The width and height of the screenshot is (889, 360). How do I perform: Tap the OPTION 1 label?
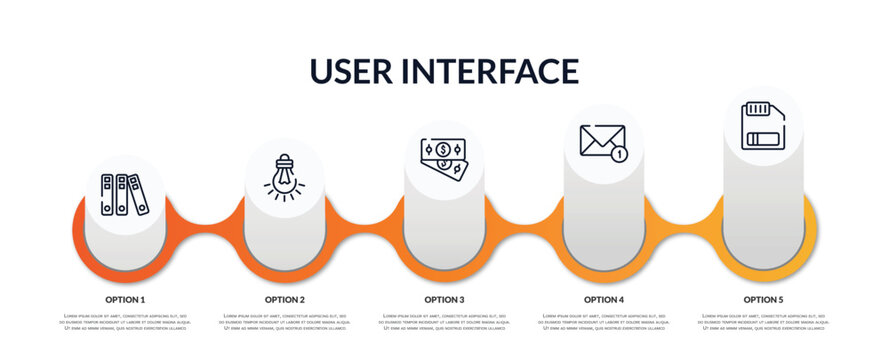coord(125,299)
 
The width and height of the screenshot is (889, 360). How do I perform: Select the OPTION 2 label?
coord(285,299)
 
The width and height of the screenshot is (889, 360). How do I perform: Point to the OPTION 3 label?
coord(444,299)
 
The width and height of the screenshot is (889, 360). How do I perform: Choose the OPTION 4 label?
coord(604,299)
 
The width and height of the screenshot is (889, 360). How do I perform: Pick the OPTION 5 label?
coord(763,299)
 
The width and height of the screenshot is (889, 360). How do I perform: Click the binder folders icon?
coord(125,195)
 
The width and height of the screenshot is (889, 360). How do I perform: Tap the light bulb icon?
coord(284,177)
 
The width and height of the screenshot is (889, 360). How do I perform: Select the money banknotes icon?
coord(444,159)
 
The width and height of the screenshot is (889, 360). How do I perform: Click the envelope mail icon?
coord(603,142)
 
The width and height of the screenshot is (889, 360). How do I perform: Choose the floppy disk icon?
coord(763,125)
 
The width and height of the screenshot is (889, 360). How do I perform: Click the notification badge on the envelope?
coord(620,154)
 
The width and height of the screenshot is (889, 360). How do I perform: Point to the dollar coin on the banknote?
coord(442,149)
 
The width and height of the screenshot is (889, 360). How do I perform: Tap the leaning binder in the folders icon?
coord(138,195)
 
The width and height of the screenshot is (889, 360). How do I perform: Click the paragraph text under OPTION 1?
coord(125,322)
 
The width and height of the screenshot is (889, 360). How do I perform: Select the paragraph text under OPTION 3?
coord(444,322)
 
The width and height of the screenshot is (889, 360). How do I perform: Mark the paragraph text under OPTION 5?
coord(763,322)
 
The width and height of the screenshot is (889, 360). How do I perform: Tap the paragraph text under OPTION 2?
coord(285,322)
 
